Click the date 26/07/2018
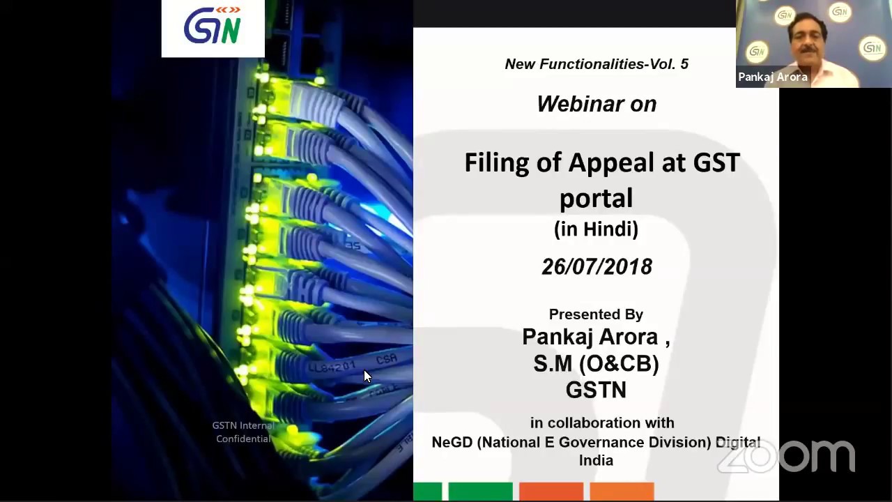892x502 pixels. click(x=597, y=266)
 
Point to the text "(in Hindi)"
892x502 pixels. click(x=596, y=229)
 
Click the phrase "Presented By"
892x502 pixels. click(x=596, y=314)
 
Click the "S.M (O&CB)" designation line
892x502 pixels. click(x=596, y=363)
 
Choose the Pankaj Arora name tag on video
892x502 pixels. click(x=773, y=77)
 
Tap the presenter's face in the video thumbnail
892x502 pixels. click(x=808, y=39)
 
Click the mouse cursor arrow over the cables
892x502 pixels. click(x=367, y=376)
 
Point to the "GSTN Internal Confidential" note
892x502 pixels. click(x=243, y=432)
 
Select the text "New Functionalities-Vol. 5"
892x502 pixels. click(x=597, y=64)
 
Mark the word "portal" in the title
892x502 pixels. click(x=596, y=198)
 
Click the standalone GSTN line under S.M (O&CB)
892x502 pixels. click(x=596, y=390)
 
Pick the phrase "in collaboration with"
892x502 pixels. click(x=602, y=423)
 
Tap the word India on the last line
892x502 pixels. click(x=596, y=460)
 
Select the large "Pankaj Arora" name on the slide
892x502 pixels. click(x=590, y=337)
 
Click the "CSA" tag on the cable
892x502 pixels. click(x=386, y=359)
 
